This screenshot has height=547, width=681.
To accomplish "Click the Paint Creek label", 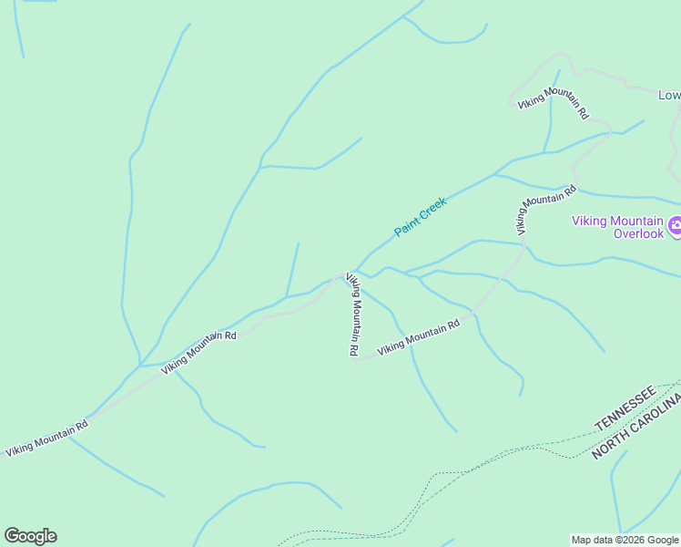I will pos(420,219).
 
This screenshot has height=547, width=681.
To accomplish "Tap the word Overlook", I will pos(640,233).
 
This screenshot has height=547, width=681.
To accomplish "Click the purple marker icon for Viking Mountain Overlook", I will pos(675,225).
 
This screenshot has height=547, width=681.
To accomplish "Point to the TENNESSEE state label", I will pos(625,408).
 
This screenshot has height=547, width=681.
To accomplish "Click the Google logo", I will pos(30,536).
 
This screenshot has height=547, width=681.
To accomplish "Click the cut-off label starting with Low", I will pos(669,95).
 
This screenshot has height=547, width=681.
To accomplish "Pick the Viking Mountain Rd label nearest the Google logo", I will pos(46,439).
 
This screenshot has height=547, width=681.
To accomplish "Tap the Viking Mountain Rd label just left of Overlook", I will pos(545,209).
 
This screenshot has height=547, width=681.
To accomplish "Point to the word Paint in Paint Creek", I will pos(406,228).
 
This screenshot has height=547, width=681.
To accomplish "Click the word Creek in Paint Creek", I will pos(432,211).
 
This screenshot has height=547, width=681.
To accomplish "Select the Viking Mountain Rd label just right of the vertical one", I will pos(419,338).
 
